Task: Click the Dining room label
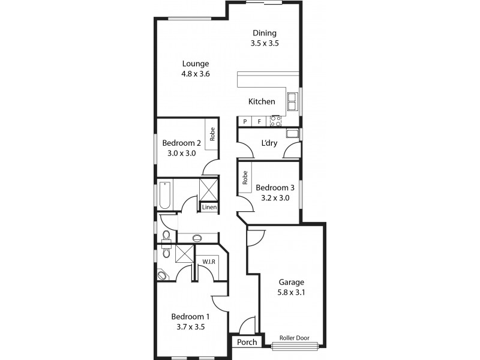265,33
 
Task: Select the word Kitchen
262,101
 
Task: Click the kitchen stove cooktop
276,121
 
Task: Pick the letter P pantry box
245,121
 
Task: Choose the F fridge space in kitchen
259,121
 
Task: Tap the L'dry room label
268,143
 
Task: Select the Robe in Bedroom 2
212,134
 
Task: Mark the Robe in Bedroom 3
245,178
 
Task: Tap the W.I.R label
209,262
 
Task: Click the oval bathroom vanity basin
197,238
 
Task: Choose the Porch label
247,343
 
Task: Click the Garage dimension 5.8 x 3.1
290,292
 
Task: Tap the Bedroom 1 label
190,317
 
